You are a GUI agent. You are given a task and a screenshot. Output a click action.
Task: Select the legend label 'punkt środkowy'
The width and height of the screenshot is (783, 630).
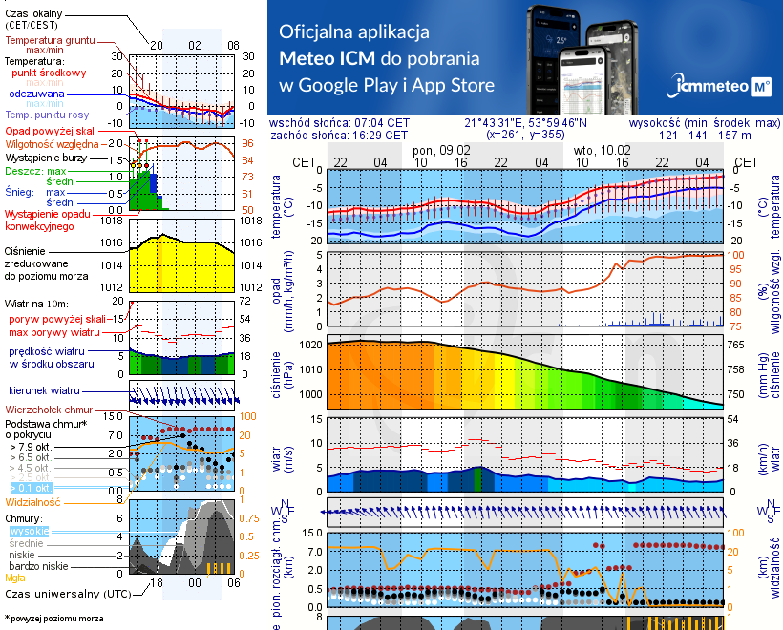(x=50, y=73)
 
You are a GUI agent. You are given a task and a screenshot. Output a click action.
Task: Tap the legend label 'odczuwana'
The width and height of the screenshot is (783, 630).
(x=36, y=94)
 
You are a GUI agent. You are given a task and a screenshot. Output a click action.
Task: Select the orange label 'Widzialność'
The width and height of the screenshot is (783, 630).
(x=33, y=501)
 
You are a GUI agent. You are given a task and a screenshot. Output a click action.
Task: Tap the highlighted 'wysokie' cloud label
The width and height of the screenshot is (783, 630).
(x=28, y=531)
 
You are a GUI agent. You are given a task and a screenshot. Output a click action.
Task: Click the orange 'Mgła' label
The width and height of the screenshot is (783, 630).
(x=15, y=577)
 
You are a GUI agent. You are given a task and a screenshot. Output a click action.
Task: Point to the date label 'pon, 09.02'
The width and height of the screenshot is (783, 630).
(x=441, y=151)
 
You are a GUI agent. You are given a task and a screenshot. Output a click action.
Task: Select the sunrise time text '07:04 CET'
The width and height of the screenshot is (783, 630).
(x=382, y=123)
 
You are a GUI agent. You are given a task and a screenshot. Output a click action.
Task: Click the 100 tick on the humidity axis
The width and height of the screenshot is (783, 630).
(x=735, y=255)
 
